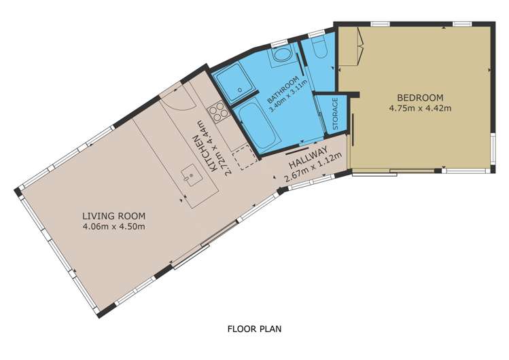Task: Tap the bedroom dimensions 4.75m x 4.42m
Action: pyautogui.click(x=420, y=108)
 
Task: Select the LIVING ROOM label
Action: pyautogui.click(x=113, y=216)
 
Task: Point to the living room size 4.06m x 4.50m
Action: pyautogui.click(x=113, y=226)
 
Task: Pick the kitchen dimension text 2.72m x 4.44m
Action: pyautogui.click(x=216, y=147)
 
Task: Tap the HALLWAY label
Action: pyautogui.click(x=308, y=158)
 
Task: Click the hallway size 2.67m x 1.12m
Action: pyautogui.click(x=313, y=167)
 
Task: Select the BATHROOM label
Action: pyautogui.click(x=283, y=89)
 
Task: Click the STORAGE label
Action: pyautogui.click(x=335, y=114)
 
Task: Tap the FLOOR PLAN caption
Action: pyautogui.click(x=254, y=329)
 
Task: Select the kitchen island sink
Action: pyautogui.click(x=191, y=175)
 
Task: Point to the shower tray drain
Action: pyautogui.click(x=240, y=90)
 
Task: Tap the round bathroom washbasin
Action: pyautogui.click(x=282, y=55)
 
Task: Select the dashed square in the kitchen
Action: pyautogui.click(x=247, y=158)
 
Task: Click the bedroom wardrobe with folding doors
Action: pyautogui.click(x=350, y=46)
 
